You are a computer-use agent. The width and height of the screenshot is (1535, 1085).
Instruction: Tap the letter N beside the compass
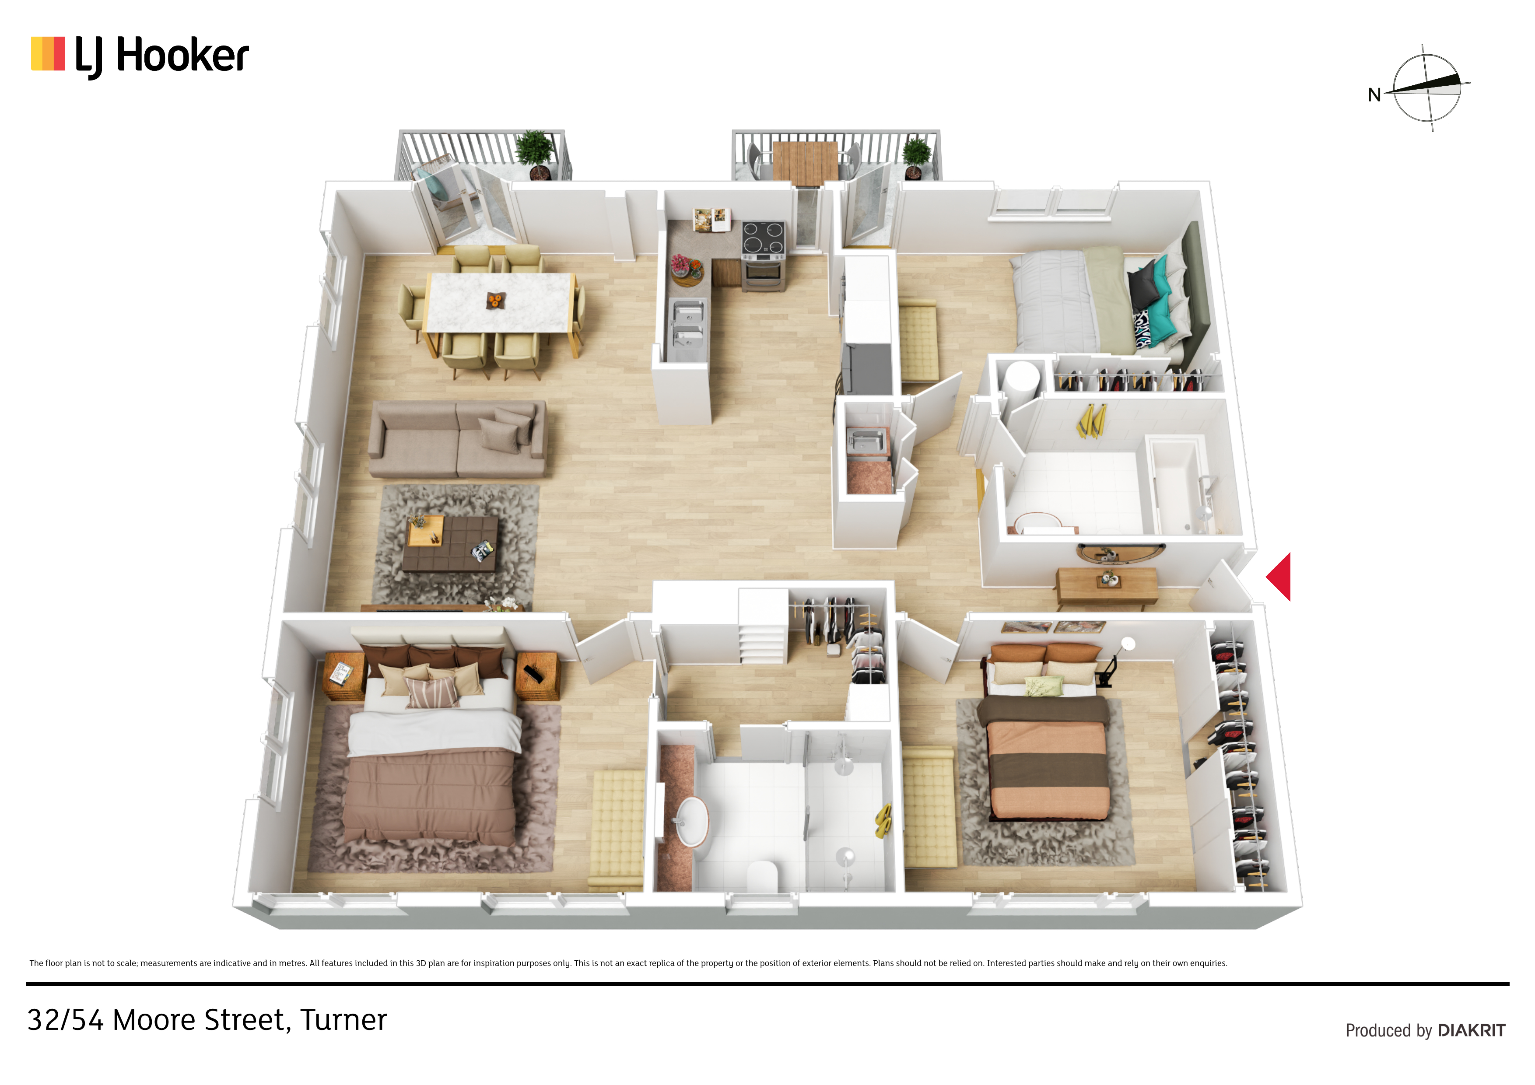(x=1374, y=95)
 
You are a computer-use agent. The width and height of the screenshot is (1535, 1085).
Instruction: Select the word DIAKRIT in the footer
(x=1472, y=1030)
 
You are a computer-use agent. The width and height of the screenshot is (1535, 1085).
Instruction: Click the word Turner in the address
(x=343, y=1020)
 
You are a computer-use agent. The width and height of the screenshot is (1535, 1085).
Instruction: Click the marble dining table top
(x=501, y=302)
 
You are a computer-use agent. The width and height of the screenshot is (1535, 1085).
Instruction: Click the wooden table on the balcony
(x=806, y=162)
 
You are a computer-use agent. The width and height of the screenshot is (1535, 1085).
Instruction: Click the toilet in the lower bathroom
(x=762, y=876)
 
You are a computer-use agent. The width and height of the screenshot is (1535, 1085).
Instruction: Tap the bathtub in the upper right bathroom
(x=1180, y=485)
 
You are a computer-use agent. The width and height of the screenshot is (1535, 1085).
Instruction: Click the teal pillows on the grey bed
(x=1160, y=294)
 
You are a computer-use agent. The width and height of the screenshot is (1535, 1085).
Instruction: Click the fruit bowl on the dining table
(x=495, y=300)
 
